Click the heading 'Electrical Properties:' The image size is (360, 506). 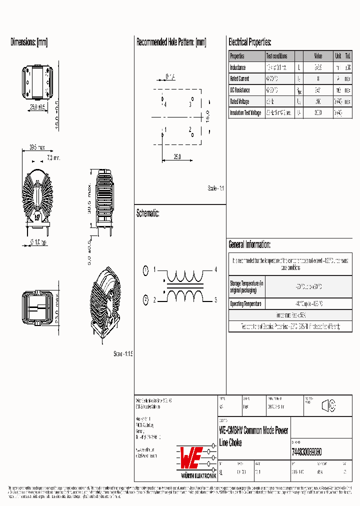250,42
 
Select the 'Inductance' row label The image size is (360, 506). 238,67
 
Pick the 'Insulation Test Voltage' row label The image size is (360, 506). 245,113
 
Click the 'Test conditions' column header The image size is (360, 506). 276,56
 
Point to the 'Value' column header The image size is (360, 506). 318,56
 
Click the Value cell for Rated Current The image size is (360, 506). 318,79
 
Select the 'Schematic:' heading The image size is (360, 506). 148,213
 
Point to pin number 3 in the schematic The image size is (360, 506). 216,300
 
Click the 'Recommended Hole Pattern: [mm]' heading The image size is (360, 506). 171,42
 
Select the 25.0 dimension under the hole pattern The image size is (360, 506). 177,156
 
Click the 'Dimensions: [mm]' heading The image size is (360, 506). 29,42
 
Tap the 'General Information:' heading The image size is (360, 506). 249,244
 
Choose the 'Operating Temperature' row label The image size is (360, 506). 246,304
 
